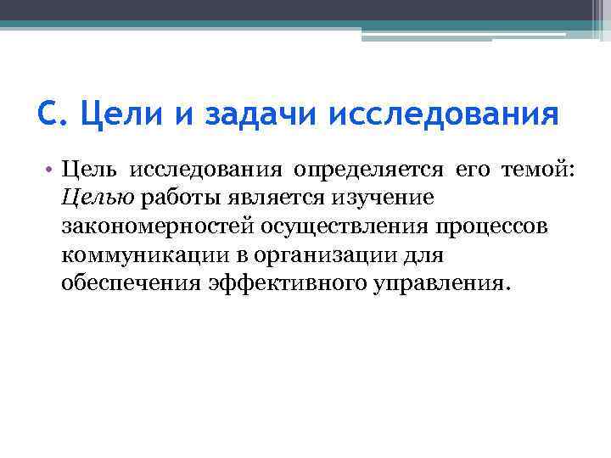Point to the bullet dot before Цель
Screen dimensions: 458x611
(x=51, y=169)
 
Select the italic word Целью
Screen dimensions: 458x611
(x=98, y=198)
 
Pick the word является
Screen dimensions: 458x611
(x=278, y=198)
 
